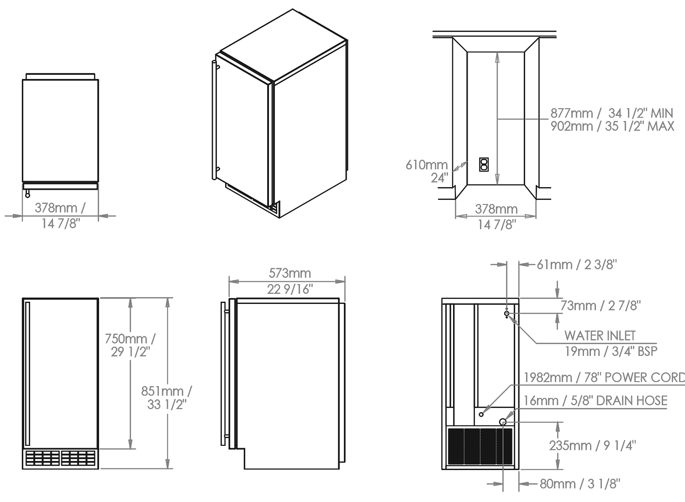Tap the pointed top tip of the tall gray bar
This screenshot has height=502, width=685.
pyautogui.click(x=497, y=55)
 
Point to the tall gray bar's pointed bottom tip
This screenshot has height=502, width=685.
pyautogui.click(x=497, y=179)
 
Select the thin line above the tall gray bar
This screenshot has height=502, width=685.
pyautogui.click(x=497, y=48)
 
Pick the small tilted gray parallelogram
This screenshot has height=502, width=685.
pyautogui.click(x=461, y=166)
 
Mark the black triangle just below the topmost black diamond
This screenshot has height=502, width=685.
pyautogui.click(x=521, y=319)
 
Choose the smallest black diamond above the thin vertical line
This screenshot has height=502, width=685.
pyautogui.click(x=517, y=415)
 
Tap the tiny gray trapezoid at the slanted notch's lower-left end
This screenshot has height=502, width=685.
pyautogui.click(x=487, y=410)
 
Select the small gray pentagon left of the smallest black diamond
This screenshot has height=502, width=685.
pyautogui.click(x=508, y=415)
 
